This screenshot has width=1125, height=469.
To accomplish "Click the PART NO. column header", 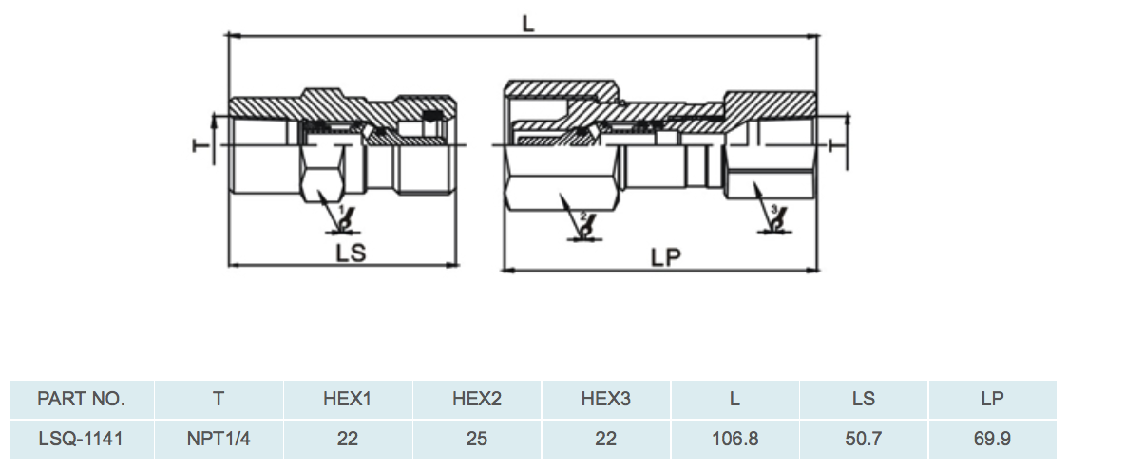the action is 81,399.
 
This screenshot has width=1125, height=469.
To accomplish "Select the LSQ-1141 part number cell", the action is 81,439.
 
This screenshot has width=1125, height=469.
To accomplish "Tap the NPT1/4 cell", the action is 219,439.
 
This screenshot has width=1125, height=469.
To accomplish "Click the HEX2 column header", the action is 476,399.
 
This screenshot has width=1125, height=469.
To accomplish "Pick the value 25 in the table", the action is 476,439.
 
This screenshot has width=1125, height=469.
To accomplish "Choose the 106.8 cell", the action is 734,439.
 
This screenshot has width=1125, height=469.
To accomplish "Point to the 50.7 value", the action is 863,439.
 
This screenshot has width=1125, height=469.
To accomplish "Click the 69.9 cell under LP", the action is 992,439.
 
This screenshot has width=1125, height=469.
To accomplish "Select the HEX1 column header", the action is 347,399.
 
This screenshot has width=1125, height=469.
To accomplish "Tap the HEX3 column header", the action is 605,399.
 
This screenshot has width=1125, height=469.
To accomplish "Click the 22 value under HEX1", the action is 347,439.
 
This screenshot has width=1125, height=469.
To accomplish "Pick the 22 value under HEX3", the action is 605,439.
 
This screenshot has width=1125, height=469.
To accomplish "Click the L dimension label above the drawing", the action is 528,24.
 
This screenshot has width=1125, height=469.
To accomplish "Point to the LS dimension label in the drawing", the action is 351,253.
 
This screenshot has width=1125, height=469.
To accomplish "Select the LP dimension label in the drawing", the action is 665,256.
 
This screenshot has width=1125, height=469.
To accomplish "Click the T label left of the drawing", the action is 200,145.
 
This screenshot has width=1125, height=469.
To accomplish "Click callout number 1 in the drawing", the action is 341,209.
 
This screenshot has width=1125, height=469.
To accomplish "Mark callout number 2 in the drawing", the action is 583,216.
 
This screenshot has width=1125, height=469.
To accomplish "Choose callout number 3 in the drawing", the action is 773,209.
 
